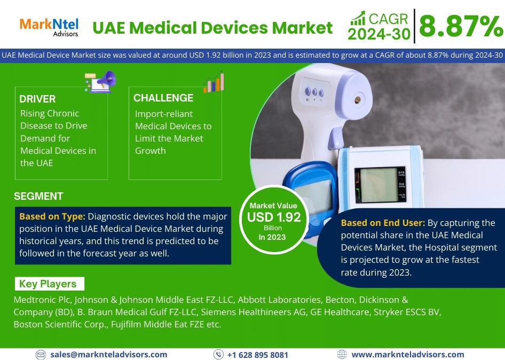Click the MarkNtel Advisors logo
pyautogui.click(x=49, y=27)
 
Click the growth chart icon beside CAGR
pyautogui.click(x=358, y=18)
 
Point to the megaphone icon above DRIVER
pyautogui.click(x=100, y=82)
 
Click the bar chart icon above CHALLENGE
pyautogui.click(x=214, y=82)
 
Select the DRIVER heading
pyautogui.click(x=37, y=99)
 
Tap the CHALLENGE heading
pyautogui.click(x=163, y=98)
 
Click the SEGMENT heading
pyautogui.click(x=38, y=196)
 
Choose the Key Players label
pyautogui.click(x=48, y=284)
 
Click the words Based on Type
pyautogui.click(x=52, y=216)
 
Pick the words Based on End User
pyautogui.click(x=383, y=223)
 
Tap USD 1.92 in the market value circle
pyautogui.click(x=274, y=217)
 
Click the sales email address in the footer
pyautogui.click(x=108, y=355)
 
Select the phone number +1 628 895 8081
pyautogui.click(x=258, y=355)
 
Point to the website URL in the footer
pyautogui.click(x=408, y=355)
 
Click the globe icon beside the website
pyautogui.click(x=342, y=355)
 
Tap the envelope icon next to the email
pyautogui.click(x=41, y=355)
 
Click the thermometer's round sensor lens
pyautogui.click(x=358, y=100)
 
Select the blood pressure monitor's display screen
pyautogui.click(x=378, y=185)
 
